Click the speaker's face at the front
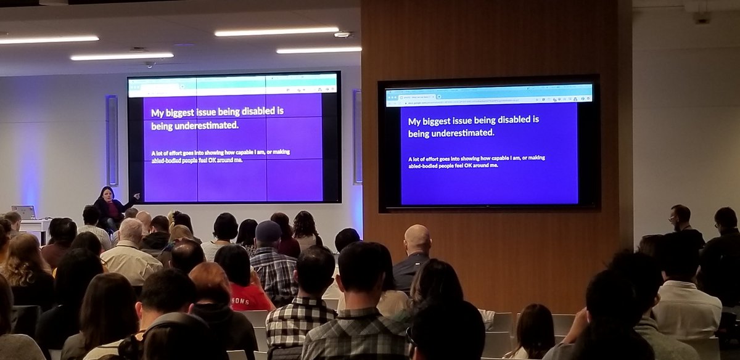pos(106,195)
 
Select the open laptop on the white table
pos(23,213)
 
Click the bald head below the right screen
pos(417,238)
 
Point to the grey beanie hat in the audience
pos(268,231)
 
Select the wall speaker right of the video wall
pos(357,137)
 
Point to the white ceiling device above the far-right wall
pos(702,18)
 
